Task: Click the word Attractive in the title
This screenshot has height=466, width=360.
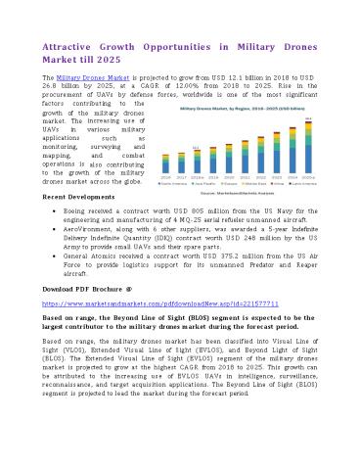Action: pos(65,45)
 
